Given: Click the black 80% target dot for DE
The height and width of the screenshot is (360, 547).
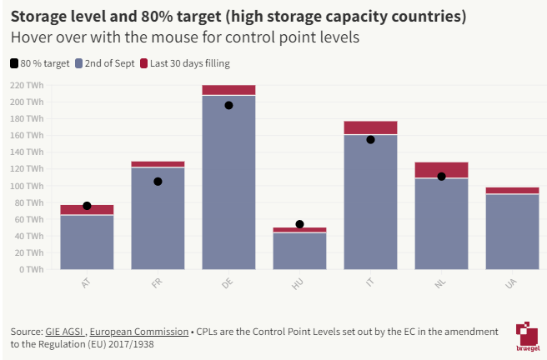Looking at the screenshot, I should click(228, 105).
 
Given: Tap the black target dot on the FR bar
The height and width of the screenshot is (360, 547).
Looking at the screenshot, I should click(158, 182).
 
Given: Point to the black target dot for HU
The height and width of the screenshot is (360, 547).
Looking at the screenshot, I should click(299, 224).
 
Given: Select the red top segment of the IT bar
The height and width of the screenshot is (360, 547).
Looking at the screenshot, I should click(370, 127).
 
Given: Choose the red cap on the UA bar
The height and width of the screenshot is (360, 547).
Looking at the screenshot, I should click(512, 191).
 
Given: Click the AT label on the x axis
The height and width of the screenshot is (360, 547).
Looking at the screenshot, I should click(86, 284).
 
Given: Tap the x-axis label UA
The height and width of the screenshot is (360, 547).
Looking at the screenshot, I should click(511, 284).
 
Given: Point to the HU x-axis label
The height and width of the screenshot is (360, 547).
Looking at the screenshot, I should click(299, 284).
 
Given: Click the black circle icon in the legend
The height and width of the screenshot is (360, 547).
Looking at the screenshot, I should click(14, 63).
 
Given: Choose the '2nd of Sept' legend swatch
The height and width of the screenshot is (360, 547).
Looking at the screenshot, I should click(79, 63).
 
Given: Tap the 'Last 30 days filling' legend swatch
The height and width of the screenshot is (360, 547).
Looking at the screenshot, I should click(144, 63).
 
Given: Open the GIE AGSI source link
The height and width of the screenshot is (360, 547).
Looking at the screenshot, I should click(65, 332).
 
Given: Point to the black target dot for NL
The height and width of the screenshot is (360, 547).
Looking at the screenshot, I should click(441, 177).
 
